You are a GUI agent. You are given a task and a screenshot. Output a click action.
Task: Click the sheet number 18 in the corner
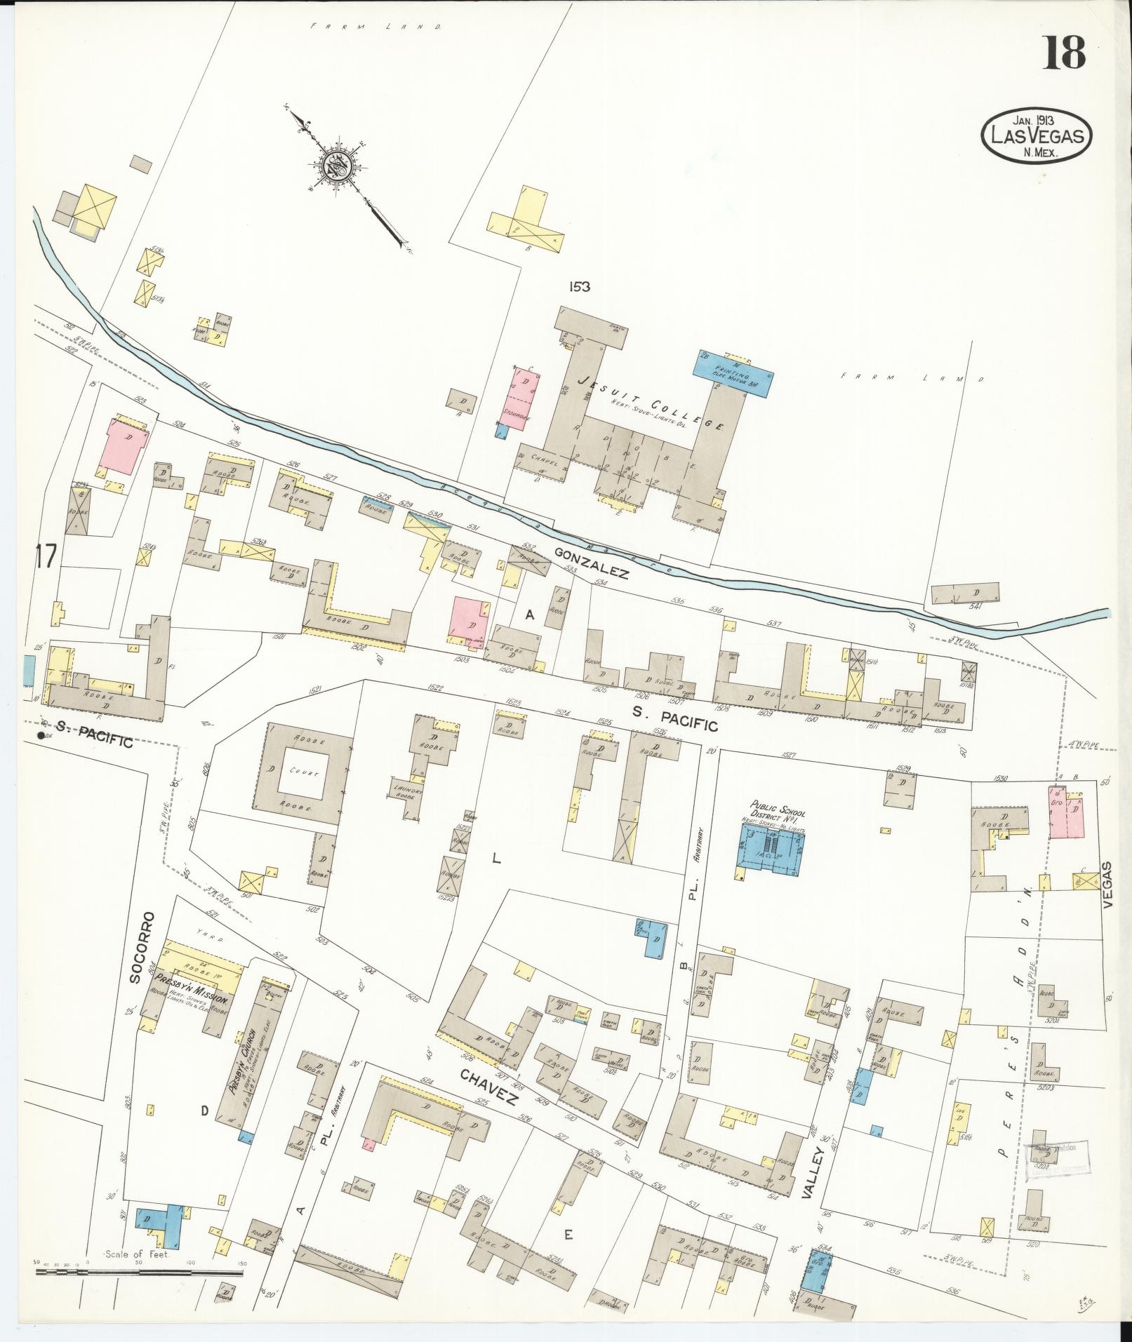pyautogui.click(x=1064, y=53)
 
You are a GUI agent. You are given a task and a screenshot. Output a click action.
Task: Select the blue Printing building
pyautogui.click(x=733, y=373)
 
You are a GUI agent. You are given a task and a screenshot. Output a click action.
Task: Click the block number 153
pyautogui.click(x=580, y=286)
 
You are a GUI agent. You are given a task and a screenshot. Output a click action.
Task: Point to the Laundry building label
pyautogui.click(x=408, y=791)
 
